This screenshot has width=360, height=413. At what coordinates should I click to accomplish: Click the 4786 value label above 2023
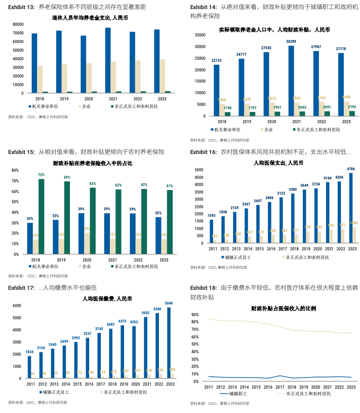pos(350,168)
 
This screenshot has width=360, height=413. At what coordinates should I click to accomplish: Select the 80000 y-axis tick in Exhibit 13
pos(17,24)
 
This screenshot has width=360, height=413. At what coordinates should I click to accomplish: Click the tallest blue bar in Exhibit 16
pos(350,208)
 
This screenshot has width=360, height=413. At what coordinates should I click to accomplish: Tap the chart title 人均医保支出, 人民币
pos(278,163)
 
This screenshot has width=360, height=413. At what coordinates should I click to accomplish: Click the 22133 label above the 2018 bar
pos(216,60)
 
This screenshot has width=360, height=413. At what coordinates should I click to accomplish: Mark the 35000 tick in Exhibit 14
pos(199,35)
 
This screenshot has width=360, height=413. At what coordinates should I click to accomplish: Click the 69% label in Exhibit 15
pos(67,177)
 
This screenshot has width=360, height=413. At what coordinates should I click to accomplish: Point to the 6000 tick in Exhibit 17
pos(16,306)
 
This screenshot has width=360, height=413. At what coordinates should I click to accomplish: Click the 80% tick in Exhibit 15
pos(15,171)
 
